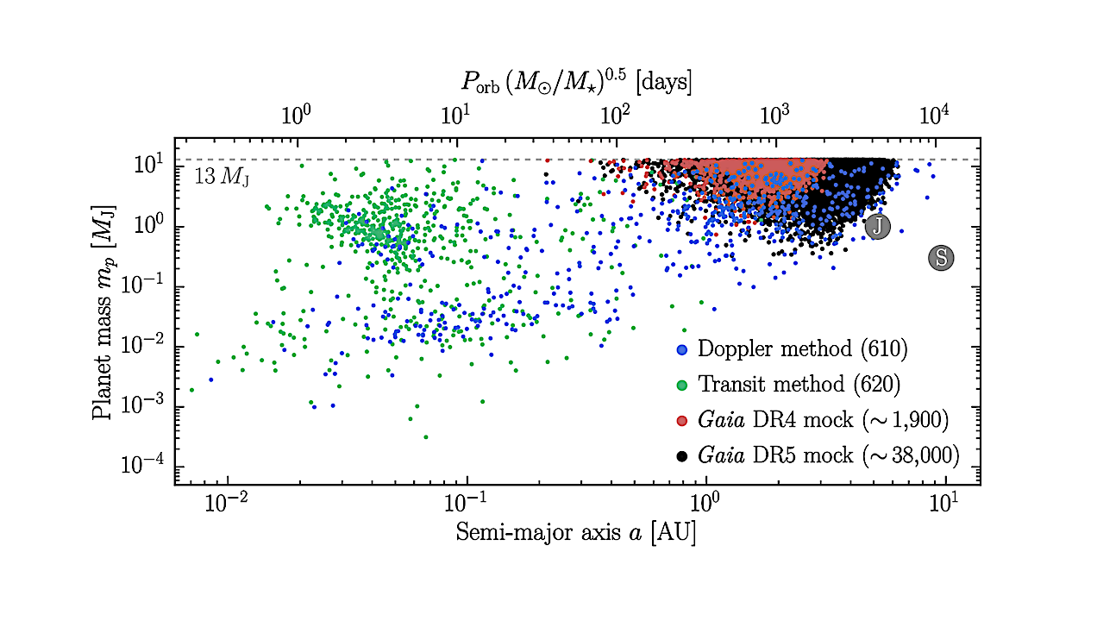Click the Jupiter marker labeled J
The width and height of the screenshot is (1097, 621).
coord(877,226)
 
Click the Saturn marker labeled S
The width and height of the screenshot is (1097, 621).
coord(941,257)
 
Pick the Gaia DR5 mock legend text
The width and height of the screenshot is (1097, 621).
coord(828,455)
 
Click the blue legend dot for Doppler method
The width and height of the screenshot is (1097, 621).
coord(682,350)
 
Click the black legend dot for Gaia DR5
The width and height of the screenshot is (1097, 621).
coord(682,455)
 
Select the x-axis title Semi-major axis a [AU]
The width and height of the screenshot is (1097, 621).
coord(576,533)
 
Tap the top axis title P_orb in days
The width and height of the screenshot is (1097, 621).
coord(576,83)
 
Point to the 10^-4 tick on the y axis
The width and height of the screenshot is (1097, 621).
coord(147,467)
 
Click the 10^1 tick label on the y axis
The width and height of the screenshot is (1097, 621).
coord(150,166)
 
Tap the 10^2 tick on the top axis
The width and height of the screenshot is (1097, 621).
coord(616,115)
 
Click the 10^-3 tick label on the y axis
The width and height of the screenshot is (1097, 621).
coord(147,406)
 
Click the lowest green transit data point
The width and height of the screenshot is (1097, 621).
coord(425,437)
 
